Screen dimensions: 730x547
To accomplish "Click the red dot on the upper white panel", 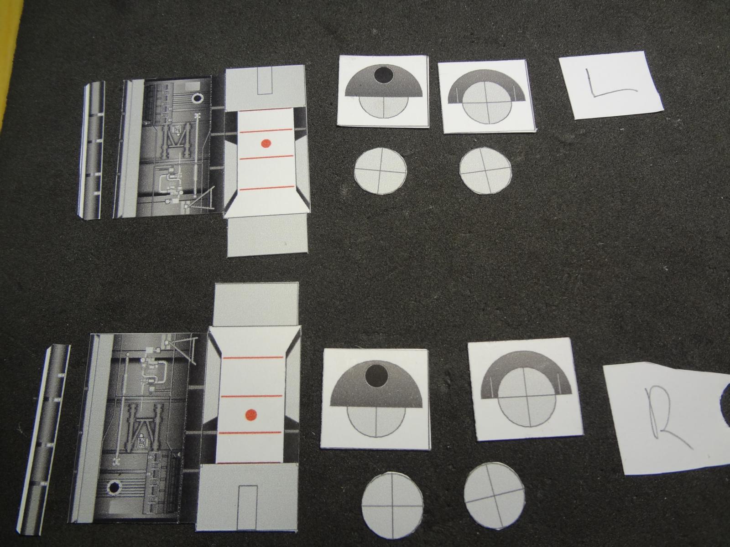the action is pyautogui.click(x=266, y=143).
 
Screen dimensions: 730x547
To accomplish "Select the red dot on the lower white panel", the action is pyautogui.click(x=251, y=414).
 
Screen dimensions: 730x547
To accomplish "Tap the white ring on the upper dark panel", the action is pyautogui.click(x=197, y=98).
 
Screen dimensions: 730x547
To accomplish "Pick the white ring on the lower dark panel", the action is pyautogui.click(x=114, y=488).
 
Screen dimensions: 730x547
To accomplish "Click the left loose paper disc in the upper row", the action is pyautogui.click(x=380, y=171).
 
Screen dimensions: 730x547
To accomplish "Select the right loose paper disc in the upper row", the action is pyautogui.click(x=485, y=170).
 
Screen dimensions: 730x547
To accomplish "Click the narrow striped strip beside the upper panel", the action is pyautogui.click(x=91, y=150).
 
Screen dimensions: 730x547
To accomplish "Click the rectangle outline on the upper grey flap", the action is pyautogui.click(x=265, y=80).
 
